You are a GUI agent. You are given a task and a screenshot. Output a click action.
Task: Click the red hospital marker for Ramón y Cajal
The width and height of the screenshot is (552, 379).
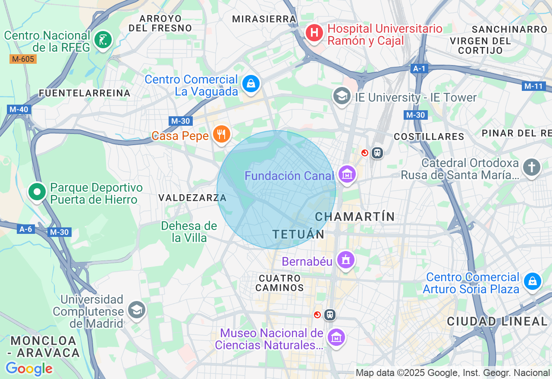pos(314,33)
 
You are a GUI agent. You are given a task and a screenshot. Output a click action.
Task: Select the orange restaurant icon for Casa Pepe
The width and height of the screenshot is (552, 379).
pos(221,134)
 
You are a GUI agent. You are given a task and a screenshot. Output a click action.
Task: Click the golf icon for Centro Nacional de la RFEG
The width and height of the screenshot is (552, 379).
pos(103,40)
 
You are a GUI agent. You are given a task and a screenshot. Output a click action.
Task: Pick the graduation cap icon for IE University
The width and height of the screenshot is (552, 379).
pos(342,96)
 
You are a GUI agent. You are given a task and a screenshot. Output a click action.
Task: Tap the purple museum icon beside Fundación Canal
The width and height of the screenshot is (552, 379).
pos(347,174)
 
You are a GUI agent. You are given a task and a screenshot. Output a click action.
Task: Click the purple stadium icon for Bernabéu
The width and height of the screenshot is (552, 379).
pos(345,260)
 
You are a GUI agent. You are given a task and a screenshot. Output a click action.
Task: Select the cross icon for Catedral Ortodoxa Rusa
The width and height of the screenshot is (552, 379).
pos(531,167)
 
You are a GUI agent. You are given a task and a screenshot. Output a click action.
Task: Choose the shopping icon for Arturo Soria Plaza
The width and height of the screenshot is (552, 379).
pos(532,281)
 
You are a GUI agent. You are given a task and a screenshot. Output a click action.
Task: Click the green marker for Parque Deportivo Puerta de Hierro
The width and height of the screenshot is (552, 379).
pos(37,192)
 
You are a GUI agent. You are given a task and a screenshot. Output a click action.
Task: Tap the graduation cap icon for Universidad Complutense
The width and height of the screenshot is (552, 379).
pos(137,310)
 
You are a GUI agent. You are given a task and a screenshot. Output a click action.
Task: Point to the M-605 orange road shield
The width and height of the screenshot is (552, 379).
pos(23,59)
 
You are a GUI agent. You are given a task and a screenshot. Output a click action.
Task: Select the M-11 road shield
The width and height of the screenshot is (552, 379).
pos(533,86)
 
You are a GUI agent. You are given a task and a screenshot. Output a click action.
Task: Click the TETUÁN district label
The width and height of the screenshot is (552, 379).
pos(298,234)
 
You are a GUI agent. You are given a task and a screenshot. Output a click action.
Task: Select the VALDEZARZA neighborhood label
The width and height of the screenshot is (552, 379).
pos(192,198)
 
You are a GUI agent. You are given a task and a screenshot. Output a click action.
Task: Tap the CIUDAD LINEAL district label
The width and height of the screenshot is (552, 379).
pos(497,321)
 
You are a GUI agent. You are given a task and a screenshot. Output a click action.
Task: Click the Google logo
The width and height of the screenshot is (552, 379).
pos(29,369)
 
